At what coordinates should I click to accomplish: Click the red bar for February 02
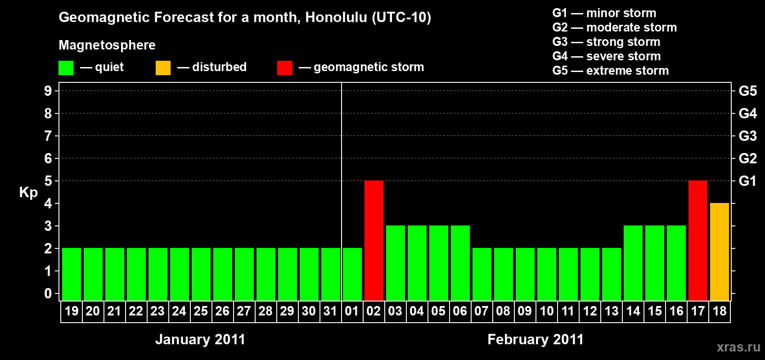tap(373, 240)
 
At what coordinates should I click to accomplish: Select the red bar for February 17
tap(697, 240)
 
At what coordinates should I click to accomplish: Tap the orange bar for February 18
tap(719, 252)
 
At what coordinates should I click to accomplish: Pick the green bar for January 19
tap(72, 274)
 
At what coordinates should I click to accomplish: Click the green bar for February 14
tap(633, 263)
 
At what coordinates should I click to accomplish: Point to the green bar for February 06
tap(460, 263)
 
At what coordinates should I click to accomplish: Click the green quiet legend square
tap(66, 67)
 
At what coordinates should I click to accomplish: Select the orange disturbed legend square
tap(163, 67)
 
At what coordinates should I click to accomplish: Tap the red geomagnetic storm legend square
tap(284, 67)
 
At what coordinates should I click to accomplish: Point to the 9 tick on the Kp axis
tap(48, 91)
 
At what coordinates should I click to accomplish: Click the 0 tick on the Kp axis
tap(48, 293)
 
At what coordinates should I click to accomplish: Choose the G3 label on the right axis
tap(748, 136)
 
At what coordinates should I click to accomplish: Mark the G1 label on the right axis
tap(747, 181)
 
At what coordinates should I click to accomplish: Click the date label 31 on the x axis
tap(330, 311)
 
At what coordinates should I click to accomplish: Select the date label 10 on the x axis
tap(546, 311)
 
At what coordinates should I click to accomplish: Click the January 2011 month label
tap(200, 339)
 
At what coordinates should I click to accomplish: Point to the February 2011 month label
tap(535, 339)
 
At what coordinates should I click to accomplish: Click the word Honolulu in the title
tap(337, 18)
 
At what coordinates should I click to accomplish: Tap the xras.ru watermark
tap(739, 347)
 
